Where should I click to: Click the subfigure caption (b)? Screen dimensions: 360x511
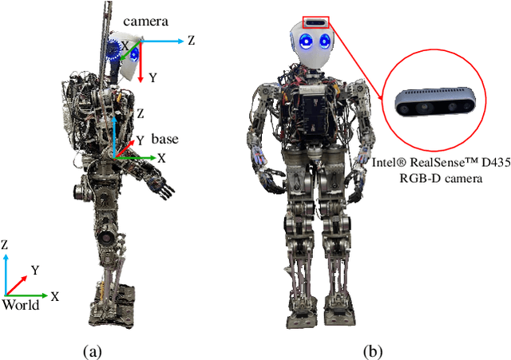click(372, 350)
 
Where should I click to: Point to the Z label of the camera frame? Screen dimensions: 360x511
click(192, 40)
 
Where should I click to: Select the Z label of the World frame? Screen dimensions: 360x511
click(6, 245)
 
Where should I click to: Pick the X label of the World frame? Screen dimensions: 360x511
click(54, 295)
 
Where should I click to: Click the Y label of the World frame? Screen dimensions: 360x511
click(34, 271)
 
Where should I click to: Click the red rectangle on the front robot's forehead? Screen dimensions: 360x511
click(315, 22)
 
